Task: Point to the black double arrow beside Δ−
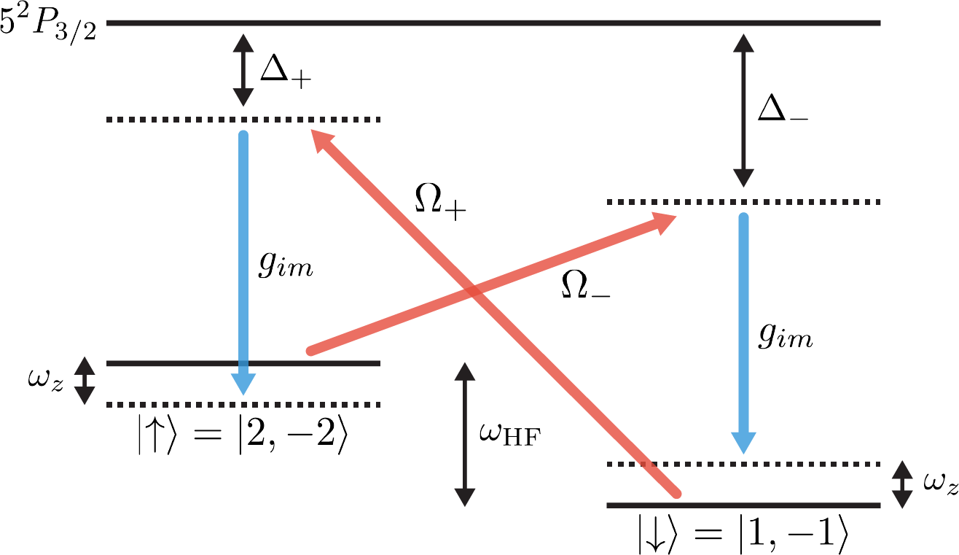coord(743,110)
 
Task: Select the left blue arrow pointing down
coord(243,263)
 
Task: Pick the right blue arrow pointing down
coord(743,332)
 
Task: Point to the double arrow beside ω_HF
coord(464,435)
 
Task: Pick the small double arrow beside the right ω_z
coord(902,484)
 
